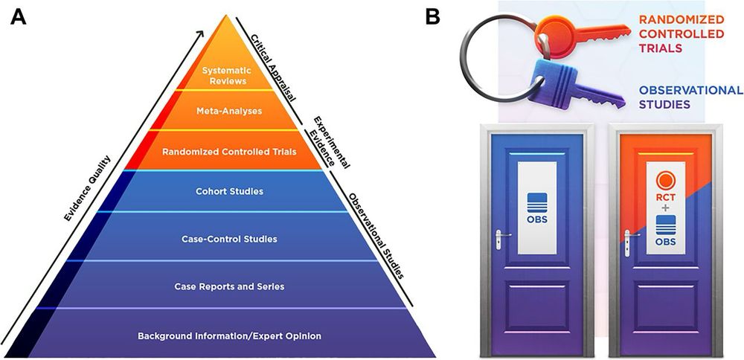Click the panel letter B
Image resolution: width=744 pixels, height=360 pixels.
[x=433, y=17]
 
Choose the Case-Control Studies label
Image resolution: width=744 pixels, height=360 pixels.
[x=229, y=239]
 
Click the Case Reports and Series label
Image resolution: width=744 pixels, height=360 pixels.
[x=229, y=286]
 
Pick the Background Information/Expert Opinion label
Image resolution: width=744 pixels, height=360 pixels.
[x=229, y=335]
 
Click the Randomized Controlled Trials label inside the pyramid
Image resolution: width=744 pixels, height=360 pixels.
[x=228, y=152]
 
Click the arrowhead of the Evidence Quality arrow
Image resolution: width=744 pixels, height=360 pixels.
[x=202, y=33]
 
